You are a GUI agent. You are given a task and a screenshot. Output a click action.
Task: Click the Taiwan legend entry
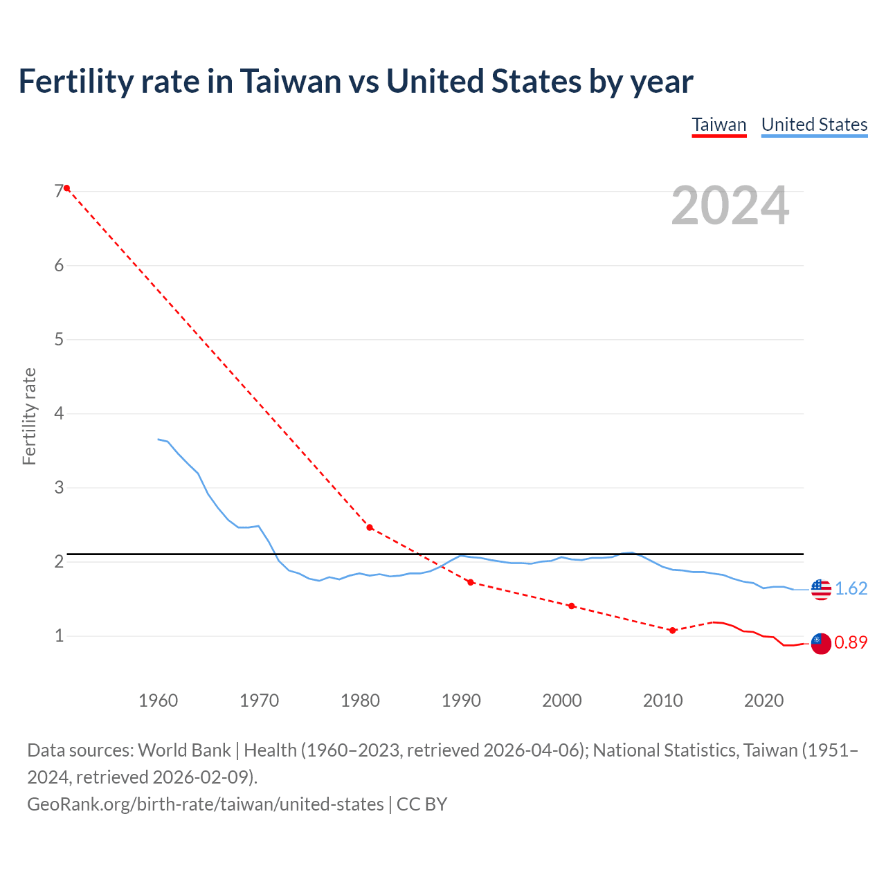(x=719, y=125)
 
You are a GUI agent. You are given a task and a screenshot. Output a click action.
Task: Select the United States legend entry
(x=814, y=125)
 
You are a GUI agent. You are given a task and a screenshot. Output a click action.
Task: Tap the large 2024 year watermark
(x=730, y=206)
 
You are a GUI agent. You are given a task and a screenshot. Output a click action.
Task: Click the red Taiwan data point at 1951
(x=66, y=188)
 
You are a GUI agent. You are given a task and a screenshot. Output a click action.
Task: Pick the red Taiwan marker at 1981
(x=370, y=527)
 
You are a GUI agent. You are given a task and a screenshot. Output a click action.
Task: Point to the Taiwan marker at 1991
(x=471, y=582)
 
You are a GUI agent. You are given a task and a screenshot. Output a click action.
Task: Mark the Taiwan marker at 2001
(x=571, y=606)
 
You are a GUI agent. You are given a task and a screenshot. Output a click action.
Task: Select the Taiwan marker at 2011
(x=672, y=630)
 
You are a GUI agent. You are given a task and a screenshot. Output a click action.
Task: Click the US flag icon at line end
(x=820, y=589)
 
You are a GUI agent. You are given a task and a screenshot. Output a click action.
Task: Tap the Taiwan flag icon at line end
(x=820, y=643)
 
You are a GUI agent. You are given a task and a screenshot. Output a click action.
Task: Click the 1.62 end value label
(x=851, y=588)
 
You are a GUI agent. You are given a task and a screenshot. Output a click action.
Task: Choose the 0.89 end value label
(x=851, y=642)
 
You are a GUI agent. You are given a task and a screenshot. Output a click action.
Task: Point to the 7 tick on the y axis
(x=59, y=192)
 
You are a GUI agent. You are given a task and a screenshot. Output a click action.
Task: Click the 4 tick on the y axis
(x=59, y=414)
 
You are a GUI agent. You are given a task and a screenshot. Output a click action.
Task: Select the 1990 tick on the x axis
(x=461, y=700)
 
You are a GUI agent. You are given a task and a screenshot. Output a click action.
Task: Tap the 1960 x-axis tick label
(x=159, y=700)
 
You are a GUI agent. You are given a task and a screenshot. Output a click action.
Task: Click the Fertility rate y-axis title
(x=29, y=417)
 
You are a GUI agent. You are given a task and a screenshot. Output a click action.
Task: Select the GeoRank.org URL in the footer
(x=206, y=804)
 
